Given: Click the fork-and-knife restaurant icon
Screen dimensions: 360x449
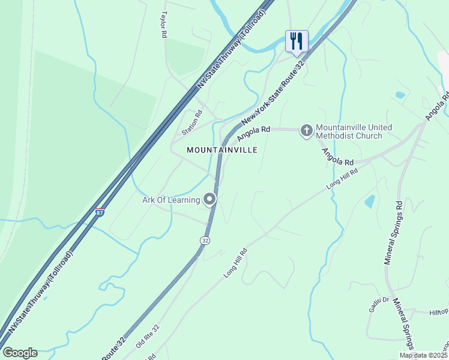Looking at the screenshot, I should tap(297, 41).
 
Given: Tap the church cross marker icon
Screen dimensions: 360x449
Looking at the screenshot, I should tap(306, 130).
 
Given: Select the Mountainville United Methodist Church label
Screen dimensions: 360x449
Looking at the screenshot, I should tap(354, 131).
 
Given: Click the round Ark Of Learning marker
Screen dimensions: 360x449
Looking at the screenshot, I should tap(209, 199).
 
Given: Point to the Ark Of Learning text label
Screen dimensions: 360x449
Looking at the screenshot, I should tap(171, 200).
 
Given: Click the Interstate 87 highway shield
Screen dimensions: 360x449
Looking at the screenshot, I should tap(100, 212).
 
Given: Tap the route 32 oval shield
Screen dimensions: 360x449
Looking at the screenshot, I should tap(205, 240).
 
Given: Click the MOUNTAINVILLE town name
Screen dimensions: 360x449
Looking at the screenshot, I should tap(222, 149).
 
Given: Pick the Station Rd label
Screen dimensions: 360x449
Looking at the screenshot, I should tap(190, 122).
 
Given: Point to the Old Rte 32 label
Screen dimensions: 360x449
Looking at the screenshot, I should tap(147, 338).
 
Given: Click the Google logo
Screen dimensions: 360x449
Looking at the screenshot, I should tap(20, 353).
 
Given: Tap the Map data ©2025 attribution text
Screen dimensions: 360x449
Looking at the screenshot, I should tap(424, 355).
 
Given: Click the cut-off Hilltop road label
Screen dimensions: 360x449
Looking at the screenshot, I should tap(438, 312).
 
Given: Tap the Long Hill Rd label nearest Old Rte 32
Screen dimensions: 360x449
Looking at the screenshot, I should tap(236, 262).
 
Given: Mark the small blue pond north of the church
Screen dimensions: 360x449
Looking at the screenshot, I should tap(400, 95).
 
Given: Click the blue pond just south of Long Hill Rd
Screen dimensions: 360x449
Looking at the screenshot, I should tap(370, 201).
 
